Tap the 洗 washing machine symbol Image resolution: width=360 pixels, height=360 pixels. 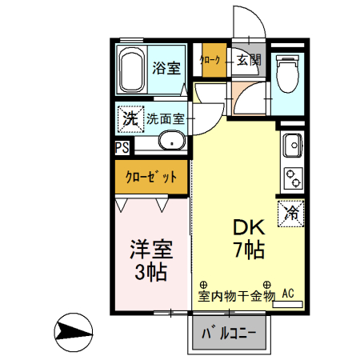click(x=129, y=118)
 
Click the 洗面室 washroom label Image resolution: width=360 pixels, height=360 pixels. click(x=165, y=119)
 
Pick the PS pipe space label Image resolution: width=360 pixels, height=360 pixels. click(x=121, y=147)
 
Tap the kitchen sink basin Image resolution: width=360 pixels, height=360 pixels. click(x=291, y=146)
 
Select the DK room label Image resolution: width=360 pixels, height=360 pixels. click(x=248, y=226)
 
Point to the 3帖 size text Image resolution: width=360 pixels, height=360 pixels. click(x=150, y=272)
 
